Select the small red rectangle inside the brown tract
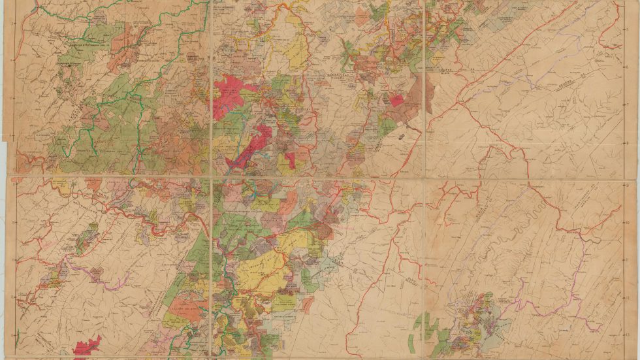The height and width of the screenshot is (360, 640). (396, 100)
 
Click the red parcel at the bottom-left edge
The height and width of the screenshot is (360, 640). (87, 346)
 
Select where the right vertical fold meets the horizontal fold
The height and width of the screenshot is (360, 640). (425, 177)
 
